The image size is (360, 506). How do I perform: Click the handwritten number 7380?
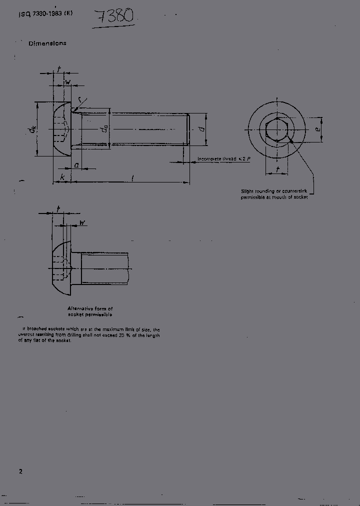click(x=115, y=17)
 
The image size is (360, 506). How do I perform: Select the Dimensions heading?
click(x=47, y=43)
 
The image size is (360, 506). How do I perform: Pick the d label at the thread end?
click(x=200, y=129)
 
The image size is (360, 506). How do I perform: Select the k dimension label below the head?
click(x=62, y=177)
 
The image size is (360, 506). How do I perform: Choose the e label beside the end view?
click(x=317, y=129)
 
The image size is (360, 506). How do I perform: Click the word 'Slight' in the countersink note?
click(x=248, y=191)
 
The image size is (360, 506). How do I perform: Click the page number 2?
click(x=20, y=471)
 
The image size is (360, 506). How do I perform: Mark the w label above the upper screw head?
click(x=68, y=81)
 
